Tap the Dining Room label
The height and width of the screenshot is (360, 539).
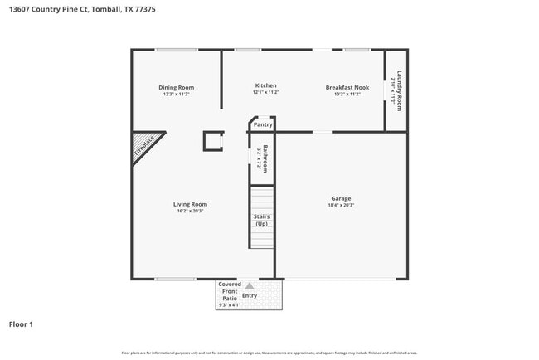pyautogui.click(x=176, y=87)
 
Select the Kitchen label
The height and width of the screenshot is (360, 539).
pyautogui.click(x=265, y=85)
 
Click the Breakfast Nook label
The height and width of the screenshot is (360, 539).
pyautogui.click(x=347, y=87)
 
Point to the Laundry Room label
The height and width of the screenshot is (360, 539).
pyautogui.click(x=399, y=90)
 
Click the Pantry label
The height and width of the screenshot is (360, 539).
pyautogui.click(x=263, y=124)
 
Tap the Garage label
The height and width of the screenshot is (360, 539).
pyautogui.click(x=341, y=198)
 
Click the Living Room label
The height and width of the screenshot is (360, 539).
pyautogui.click(x=190, y=204)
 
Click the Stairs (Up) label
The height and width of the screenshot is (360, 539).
pyautogui.click(x=261, y=220)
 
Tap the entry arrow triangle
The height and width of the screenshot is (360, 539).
pyautogui.click(x=250, y=285)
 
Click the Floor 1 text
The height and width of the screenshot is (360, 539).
pyautogui.click(x=21, y=324)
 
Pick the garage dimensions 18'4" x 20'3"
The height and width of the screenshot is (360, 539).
pyautogui.click(x=341, y=206)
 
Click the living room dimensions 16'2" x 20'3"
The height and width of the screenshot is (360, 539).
pyautogui.click(x=190, y=212)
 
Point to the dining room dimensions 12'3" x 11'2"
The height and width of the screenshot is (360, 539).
pyautogui.click(x=176, y=95)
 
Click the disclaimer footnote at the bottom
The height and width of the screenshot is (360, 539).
pyautogui.click(x=269, y=353)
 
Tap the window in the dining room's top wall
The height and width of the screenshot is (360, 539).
pyautogui.click(x=176, y=50)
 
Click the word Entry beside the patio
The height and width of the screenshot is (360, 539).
pyautogui.click(x=250, y=295)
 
